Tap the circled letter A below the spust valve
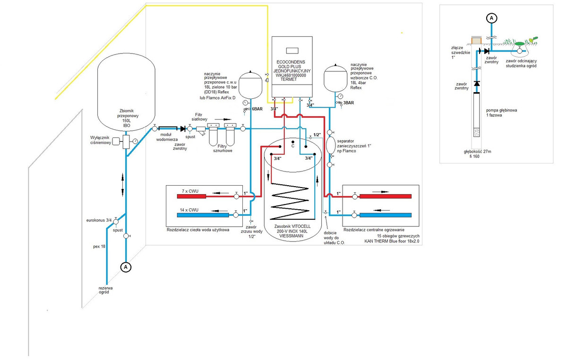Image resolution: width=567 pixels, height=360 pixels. tap(126, 267)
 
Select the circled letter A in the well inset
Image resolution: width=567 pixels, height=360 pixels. tap(491, 18)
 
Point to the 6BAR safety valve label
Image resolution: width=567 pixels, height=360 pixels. tap(257, 109)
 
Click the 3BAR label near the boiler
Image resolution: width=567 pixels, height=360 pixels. tap(349, 103)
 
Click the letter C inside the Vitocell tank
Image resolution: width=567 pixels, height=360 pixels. tap(293, 146)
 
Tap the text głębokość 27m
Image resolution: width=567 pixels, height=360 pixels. tap(478, 152)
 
